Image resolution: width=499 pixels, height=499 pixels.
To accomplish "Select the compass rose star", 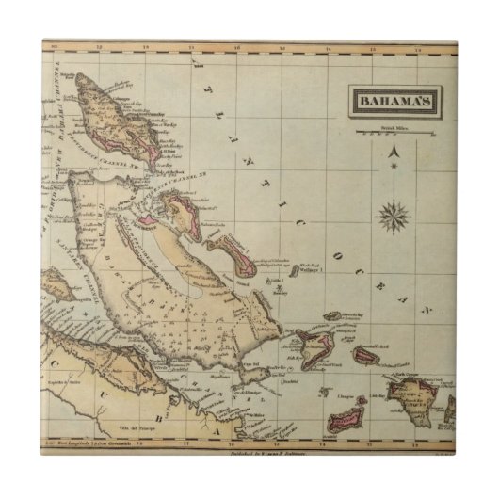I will coord(393,216).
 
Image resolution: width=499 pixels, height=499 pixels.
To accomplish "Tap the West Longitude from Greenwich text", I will coord(87,442).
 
